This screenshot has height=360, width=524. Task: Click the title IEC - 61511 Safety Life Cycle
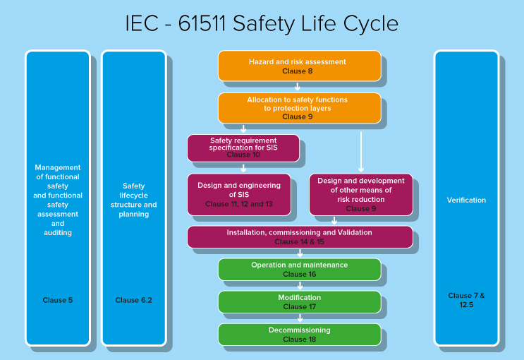pos(262,23)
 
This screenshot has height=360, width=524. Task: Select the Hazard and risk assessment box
pos(298,66)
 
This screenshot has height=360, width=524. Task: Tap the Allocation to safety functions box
pos(298,107)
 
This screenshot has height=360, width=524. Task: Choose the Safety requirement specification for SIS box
pos(243,148)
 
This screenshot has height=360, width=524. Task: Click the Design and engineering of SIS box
pos(238,194)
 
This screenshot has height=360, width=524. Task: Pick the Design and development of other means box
pos(360,194)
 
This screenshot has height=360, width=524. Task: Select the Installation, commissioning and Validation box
pos(299,236)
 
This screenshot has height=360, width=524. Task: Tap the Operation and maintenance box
pos(299,269)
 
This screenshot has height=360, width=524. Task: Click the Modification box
pos(299,302)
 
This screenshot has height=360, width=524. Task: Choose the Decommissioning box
pos(299,334)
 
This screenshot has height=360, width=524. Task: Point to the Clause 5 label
pos(58,300)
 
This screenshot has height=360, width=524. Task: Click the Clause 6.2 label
pos(133,300)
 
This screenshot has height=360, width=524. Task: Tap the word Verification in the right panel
pos(466,200)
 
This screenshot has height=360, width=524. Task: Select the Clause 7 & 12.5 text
pos(466,300)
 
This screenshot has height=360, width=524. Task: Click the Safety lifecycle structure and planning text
pos(133,200)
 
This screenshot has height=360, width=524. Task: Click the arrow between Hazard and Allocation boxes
pos(298,88)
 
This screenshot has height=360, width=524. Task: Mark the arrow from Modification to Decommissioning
pos(300,318)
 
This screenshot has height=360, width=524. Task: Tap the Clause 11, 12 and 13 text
pos(238,205)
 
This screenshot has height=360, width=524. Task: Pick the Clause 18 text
pos(299,340)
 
